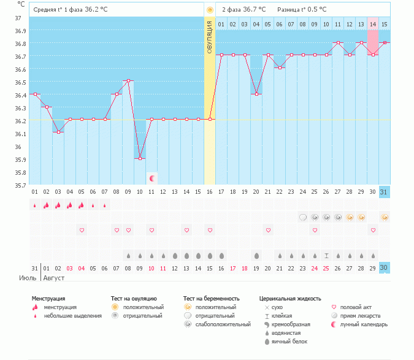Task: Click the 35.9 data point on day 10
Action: [140, 158]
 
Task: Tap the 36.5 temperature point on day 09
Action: [128, 81]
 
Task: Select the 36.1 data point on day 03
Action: [58, 132]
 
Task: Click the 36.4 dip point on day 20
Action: [256, 94]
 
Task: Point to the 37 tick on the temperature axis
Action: [18, 18]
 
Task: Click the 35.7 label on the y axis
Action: [20, 185]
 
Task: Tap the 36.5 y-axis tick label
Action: [20, 82]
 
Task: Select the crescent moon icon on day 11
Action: [151, 178]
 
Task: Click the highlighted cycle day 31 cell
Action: [385, 191]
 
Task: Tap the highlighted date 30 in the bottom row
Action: [385, 267]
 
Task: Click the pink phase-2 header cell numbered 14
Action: [372, 25]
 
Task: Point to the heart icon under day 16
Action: [210, 230]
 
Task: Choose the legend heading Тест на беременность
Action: [212, 298]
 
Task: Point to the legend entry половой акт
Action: [356, 307]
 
